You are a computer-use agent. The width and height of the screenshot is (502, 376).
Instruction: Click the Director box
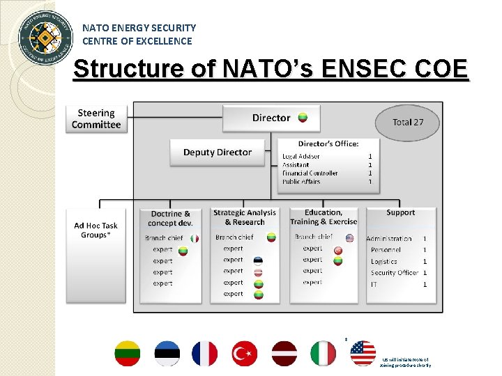(x=271, y=118)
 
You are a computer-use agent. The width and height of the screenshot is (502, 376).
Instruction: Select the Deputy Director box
(x=218, y=152)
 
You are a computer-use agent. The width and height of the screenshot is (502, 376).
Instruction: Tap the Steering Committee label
(x=96, y=119)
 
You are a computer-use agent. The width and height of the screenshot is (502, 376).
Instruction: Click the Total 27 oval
(x=408, y=123)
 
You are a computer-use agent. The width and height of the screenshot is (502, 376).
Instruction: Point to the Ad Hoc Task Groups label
(x=96, y=230)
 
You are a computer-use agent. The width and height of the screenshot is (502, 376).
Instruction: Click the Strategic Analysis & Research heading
(x=245, y=217)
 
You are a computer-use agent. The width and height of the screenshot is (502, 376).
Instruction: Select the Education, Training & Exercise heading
(x=324, y=217)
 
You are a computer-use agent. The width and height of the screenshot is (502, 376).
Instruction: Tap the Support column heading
(x=400, y=212)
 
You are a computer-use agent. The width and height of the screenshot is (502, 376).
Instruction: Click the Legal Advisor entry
(x=301, y=157)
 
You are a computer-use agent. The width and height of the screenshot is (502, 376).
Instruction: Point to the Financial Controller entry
(x=310, y=173)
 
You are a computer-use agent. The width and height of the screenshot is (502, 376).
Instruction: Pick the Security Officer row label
(x=395, y=273)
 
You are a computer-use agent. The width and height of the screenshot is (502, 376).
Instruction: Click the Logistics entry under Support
(x=384, y=262)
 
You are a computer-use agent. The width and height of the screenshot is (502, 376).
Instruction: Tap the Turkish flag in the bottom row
(x=245, y=354)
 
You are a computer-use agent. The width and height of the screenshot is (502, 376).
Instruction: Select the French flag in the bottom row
(x=204, y=354)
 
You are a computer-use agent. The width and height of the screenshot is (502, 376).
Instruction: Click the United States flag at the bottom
(x=363, y=353)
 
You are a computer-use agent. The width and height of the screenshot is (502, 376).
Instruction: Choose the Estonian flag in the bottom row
(x=167, y=354)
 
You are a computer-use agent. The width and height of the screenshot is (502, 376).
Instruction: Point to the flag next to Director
(x=303, y=117)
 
